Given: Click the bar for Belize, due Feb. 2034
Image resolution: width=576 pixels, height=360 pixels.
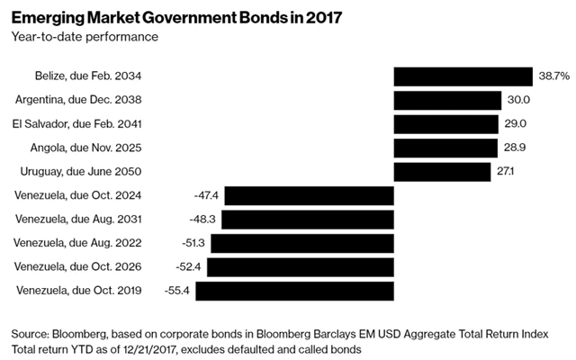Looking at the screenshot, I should pyautogui.click(x=463, y=76).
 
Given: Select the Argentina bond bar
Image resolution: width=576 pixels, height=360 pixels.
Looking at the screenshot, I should pyautogui.click(x=447, y=100).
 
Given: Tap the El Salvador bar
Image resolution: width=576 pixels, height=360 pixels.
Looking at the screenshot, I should pyautogui.click(x=445, y=123).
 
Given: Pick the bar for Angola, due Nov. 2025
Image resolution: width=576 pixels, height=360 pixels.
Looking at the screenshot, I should pyautogui.click(x=445, y=148).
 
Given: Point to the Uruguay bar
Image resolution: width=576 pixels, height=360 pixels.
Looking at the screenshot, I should pyautogui.click(x=441, y=171).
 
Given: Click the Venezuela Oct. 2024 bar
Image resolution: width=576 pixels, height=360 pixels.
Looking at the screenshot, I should pyautogui.click(x=310, y=195).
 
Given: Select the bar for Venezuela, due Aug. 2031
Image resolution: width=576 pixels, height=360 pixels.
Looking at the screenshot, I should pyautogui.click(x=308, y=219).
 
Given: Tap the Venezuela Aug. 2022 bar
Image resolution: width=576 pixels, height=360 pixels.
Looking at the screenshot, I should pyautogui.click(x=302, y=243).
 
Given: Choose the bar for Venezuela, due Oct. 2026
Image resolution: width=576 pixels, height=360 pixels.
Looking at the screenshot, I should pyautogui.click(x=300, y=266).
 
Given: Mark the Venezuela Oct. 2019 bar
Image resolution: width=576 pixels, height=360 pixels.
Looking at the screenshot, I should pyautogui.click(x=294, y=290).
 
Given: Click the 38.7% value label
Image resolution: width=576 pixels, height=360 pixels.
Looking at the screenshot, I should pyautogui.click(x=552, y=76).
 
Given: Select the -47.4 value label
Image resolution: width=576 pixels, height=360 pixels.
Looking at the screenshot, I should pyautogui.click(x=206, y=195).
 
